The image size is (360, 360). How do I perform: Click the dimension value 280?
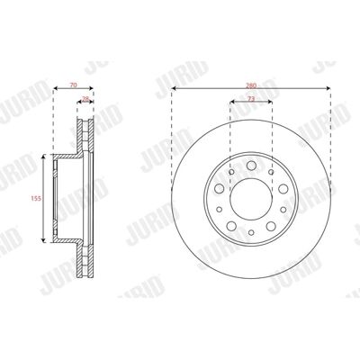pos(251,85)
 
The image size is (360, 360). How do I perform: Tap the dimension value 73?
pos(251,99)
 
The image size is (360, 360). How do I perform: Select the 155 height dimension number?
pos(35,198)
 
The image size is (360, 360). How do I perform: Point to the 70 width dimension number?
pos(73,85)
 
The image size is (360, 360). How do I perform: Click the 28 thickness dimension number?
pos(85,99)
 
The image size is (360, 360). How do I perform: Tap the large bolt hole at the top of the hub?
pos(251,166)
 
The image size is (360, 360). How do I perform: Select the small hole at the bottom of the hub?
pos(251,232)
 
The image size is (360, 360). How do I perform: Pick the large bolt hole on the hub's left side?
pos(220,189)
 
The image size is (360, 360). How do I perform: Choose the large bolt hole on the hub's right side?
pos(283,189)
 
